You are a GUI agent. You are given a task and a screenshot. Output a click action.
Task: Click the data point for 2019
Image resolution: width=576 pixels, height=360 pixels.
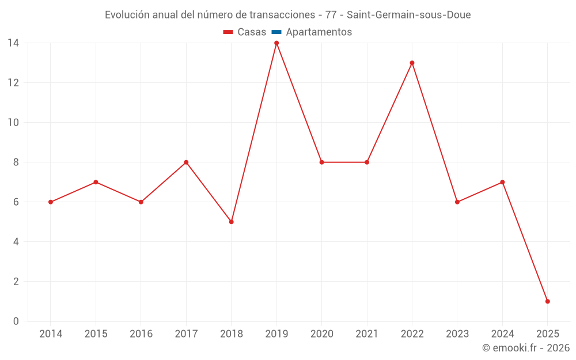pyautogui.click(x=276, y=43)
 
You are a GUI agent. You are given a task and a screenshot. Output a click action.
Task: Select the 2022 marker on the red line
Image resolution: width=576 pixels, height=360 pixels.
pyautogui.click(x=412, y=63)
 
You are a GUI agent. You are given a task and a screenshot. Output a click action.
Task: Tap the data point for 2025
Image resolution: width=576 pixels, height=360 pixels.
pyautogui.click(x=548, y=301)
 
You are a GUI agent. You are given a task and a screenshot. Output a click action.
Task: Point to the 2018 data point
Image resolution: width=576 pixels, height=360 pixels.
pyautogui.click(x=232, y=222)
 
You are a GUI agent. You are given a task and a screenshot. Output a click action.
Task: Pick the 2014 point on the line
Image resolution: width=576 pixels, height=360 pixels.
pyautogui.click(x=51, y=202)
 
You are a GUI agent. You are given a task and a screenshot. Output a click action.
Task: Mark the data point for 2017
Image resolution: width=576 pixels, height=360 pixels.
pyautogui.click(x=186, y=162)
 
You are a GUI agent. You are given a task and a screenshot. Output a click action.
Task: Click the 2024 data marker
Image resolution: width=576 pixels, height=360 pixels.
pyautogui.click(x=502, y=182)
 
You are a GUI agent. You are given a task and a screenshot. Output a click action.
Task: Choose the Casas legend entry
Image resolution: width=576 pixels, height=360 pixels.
pyautogui.click(x=245, y=32)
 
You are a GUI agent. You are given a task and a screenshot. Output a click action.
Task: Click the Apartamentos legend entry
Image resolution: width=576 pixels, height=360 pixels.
pyautogui.click(x=312, y=32)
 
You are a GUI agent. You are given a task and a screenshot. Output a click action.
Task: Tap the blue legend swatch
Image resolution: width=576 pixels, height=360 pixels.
pyautogui.click(x=276, y=32)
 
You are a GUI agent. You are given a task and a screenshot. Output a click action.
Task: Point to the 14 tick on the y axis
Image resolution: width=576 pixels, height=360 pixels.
pyautogui.click(x=13, y=43)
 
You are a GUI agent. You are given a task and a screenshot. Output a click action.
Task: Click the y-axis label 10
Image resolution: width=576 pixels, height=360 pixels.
pyautogui.click(x=13, y=122)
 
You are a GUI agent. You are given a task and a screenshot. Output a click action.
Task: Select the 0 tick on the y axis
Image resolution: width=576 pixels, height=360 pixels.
pyautogui.click(x=16, y=321)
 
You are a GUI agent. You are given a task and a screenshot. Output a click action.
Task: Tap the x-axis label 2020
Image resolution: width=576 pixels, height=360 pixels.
pyautogui.click(x=322, y=334)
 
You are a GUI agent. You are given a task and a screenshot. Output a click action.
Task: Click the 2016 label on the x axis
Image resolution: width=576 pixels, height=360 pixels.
pyautogui.click(x=141, y=334)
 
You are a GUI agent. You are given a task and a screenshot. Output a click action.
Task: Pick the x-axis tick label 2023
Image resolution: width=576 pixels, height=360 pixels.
pyautogui.click(x=457, y=334)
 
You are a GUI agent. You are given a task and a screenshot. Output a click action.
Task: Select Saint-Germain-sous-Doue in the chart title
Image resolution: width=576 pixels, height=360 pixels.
pyautogui.click(x=409, y=15)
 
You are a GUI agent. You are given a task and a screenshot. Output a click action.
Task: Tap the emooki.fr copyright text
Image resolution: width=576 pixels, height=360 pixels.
pyautogui.click(x=526, y=347)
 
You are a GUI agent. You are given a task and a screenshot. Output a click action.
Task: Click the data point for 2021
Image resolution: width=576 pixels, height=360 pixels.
pyautogui.click(x=367, y=162)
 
